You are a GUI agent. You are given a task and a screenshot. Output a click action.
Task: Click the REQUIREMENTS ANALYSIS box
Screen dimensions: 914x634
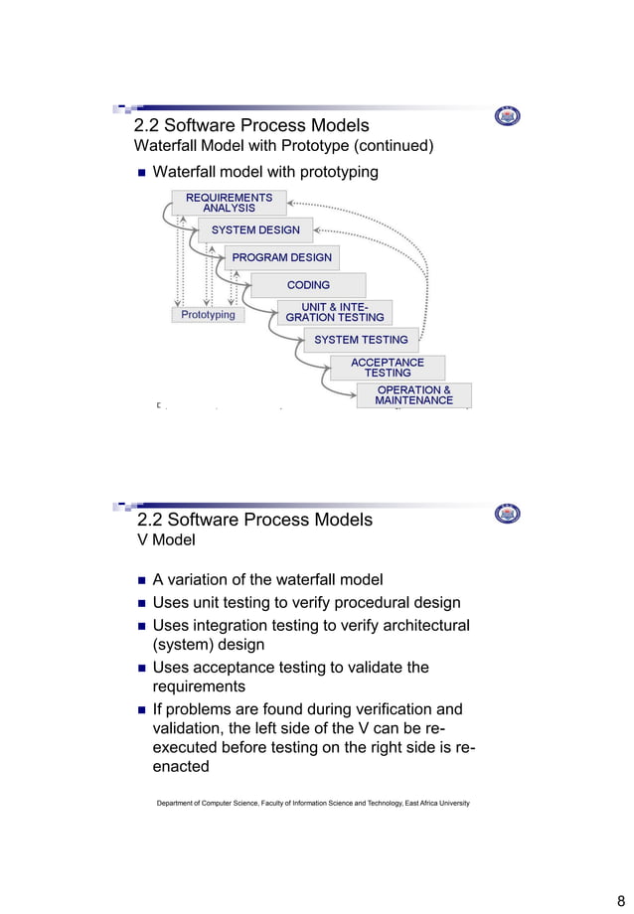pos(229,203)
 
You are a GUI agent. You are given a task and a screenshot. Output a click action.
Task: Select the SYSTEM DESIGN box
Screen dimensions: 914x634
pos(255,230)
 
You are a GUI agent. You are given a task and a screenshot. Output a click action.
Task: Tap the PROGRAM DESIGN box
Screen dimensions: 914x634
pos(281,257)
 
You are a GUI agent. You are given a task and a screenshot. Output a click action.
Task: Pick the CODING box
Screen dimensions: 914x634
pos(308,285)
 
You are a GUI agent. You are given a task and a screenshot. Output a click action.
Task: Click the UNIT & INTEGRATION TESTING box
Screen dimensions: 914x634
pos(334,312)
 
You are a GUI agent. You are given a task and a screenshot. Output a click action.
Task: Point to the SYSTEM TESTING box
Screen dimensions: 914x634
pos(361,340)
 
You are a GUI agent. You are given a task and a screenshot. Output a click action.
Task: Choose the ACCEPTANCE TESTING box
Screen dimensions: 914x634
pos(387,367)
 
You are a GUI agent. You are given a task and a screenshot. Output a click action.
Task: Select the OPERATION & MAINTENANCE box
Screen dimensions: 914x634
pos(413,394)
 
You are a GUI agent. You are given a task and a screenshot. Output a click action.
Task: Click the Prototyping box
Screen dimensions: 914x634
pos(208,315)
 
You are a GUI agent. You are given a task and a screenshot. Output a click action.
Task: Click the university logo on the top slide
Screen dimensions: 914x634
pos(507,117)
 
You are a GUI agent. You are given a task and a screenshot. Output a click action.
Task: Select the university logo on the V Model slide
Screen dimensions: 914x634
pos(507,514)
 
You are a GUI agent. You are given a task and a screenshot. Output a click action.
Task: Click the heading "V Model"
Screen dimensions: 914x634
pos(165,541)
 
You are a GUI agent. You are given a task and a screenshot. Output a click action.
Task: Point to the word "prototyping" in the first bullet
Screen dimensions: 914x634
pos(332,173)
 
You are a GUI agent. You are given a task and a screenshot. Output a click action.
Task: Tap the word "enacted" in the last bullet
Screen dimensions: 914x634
pos(180,767)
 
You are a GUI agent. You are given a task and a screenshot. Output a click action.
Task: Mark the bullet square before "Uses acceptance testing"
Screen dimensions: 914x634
pos(140,668)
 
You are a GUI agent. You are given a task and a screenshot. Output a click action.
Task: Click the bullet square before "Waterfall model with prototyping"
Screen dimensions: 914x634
pos(140,173)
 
